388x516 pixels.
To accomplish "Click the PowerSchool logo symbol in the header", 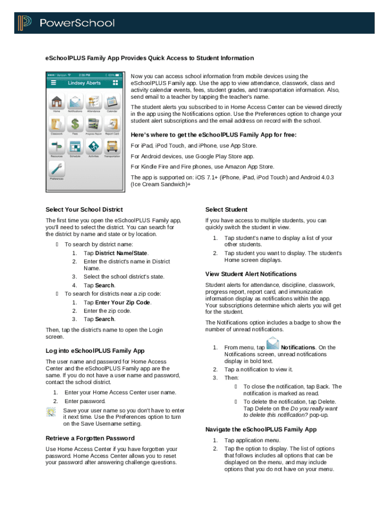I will click(x=25, y=23).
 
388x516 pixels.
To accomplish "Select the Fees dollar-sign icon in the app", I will click(x=75, y=123).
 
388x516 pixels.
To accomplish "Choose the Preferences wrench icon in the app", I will click(x=56, y=169).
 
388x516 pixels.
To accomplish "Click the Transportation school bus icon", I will click(x=112, y=146).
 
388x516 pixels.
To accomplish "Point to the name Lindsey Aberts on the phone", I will click(x=84, y=83).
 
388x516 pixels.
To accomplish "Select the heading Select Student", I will click(x=226, y=210).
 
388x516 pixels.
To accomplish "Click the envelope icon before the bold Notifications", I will click(x=273, y=345).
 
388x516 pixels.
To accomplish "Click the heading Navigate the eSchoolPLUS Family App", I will click(x=261, y=429).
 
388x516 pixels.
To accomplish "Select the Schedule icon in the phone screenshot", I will click(x=75, y=146).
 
